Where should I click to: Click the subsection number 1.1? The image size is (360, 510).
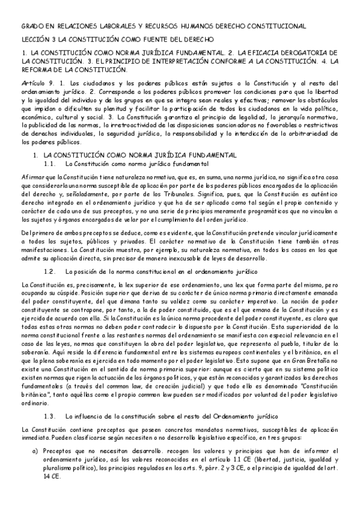coord(50,164)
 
